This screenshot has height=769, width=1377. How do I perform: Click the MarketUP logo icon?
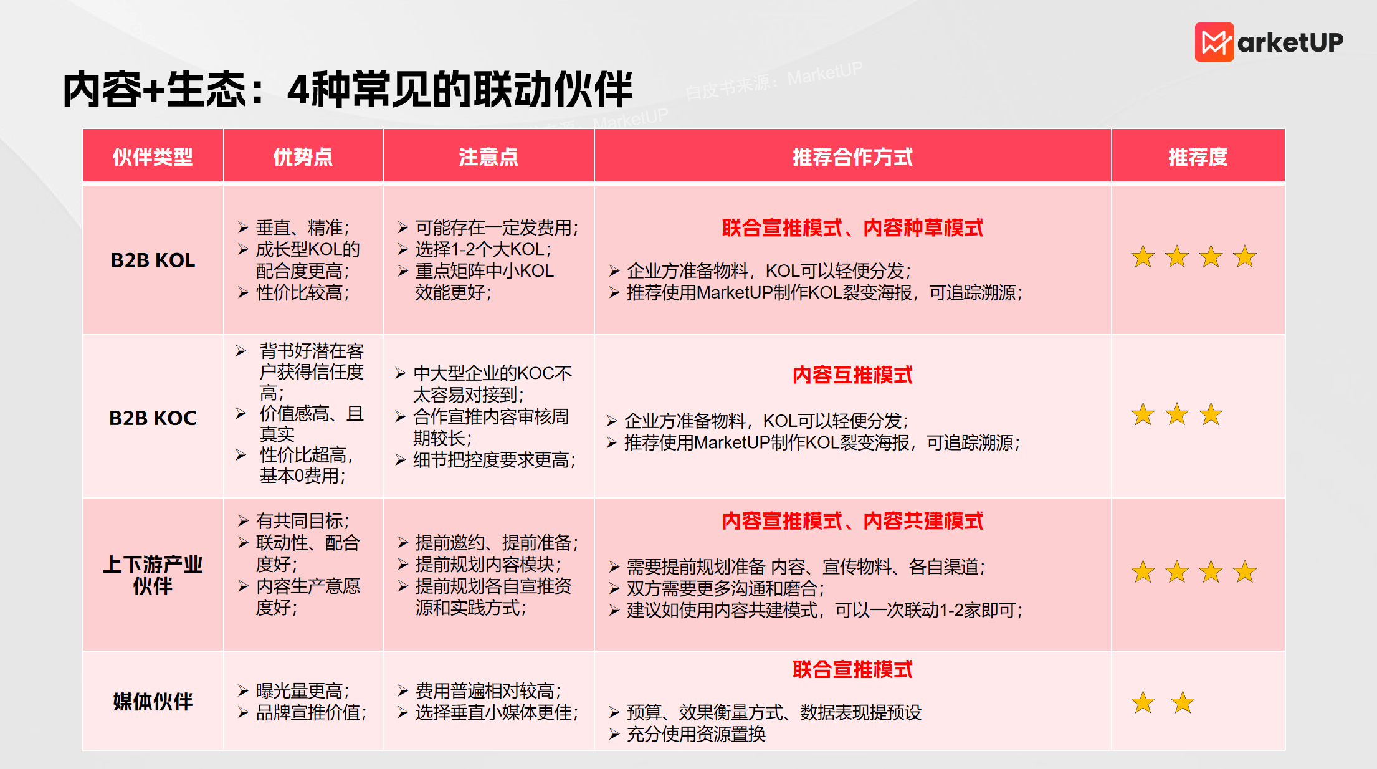[1214, 42]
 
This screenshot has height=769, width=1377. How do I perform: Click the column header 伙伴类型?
[153, 157]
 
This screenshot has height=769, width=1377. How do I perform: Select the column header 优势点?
[303, 157]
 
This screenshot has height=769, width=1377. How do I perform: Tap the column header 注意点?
[488, 157]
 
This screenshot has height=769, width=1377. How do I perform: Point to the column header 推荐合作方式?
[852, 157]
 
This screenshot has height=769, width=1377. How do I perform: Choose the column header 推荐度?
[1198, 157]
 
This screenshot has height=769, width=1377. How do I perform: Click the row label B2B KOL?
[153, 260]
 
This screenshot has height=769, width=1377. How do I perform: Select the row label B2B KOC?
[153, 418]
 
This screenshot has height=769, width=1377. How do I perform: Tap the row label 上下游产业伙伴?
[153, 575]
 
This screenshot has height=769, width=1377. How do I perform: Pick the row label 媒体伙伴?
[153, 702]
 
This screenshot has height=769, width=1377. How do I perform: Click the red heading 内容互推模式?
[852, 375]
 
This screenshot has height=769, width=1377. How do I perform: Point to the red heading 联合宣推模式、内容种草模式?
[852, 227]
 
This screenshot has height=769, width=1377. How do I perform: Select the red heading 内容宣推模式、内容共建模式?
[852, 520]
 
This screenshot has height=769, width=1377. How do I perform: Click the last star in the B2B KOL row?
[1245, 256]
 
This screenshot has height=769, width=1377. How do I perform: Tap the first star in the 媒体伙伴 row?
[1143, 702]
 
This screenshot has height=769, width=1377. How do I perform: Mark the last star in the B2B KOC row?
[1211, 414]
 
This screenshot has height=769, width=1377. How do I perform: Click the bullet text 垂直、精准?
[302, 227]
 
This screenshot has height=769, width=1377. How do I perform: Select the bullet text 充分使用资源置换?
[696, 734]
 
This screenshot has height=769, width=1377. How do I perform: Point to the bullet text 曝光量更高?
[302, 690]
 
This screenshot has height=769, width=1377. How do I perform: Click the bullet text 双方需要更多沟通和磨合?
[725, 588]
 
